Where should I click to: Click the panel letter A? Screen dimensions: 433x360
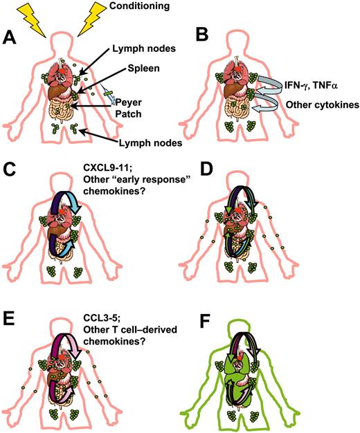click(11, 37)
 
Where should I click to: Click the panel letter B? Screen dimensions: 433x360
click(188, 37)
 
